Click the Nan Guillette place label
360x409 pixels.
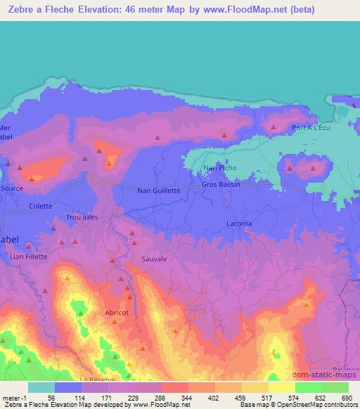pos(159,190)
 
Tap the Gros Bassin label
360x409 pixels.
pos(221,185)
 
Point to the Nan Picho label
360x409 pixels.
pos(216,168)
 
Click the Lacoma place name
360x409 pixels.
pos(240,223)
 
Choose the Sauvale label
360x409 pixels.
pos(155,259)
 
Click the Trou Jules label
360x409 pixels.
pos(82,218)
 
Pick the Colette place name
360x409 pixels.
pos(41,206)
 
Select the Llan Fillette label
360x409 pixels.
pos(29,257)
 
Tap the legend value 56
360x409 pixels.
pos(51,398)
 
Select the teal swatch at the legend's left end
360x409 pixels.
pos(41,387)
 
